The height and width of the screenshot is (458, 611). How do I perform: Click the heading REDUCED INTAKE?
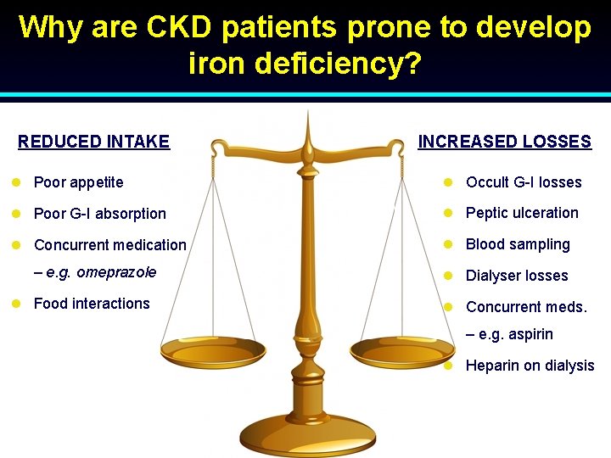[x=93, y=142]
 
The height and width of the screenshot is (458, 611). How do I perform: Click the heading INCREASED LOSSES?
[x=504, y=142]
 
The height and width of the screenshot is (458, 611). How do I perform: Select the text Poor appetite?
[x=78, y=182]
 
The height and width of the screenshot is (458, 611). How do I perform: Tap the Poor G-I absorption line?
[x=99, y=214]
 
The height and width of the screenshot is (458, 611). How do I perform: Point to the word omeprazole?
[x=116, y=272]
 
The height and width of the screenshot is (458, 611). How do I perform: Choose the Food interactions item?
[x=92, y=304]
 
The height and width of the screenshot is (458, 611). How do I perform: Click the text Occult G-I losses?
[x=524, y=182]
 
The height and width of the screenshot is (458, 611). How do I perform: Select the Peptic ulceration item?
[x=522, y=213]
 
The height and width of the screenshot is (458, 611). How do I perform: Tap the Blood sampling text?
[x=518, y=244]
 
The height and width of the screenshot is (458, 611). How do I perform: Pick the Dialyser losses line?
[x=517, y=276]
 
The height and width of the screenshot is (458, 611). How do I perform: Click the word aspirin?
[x=530, y=334]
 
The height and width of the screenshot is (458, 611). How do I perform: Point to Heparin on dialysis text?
[x=530, y=366]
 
